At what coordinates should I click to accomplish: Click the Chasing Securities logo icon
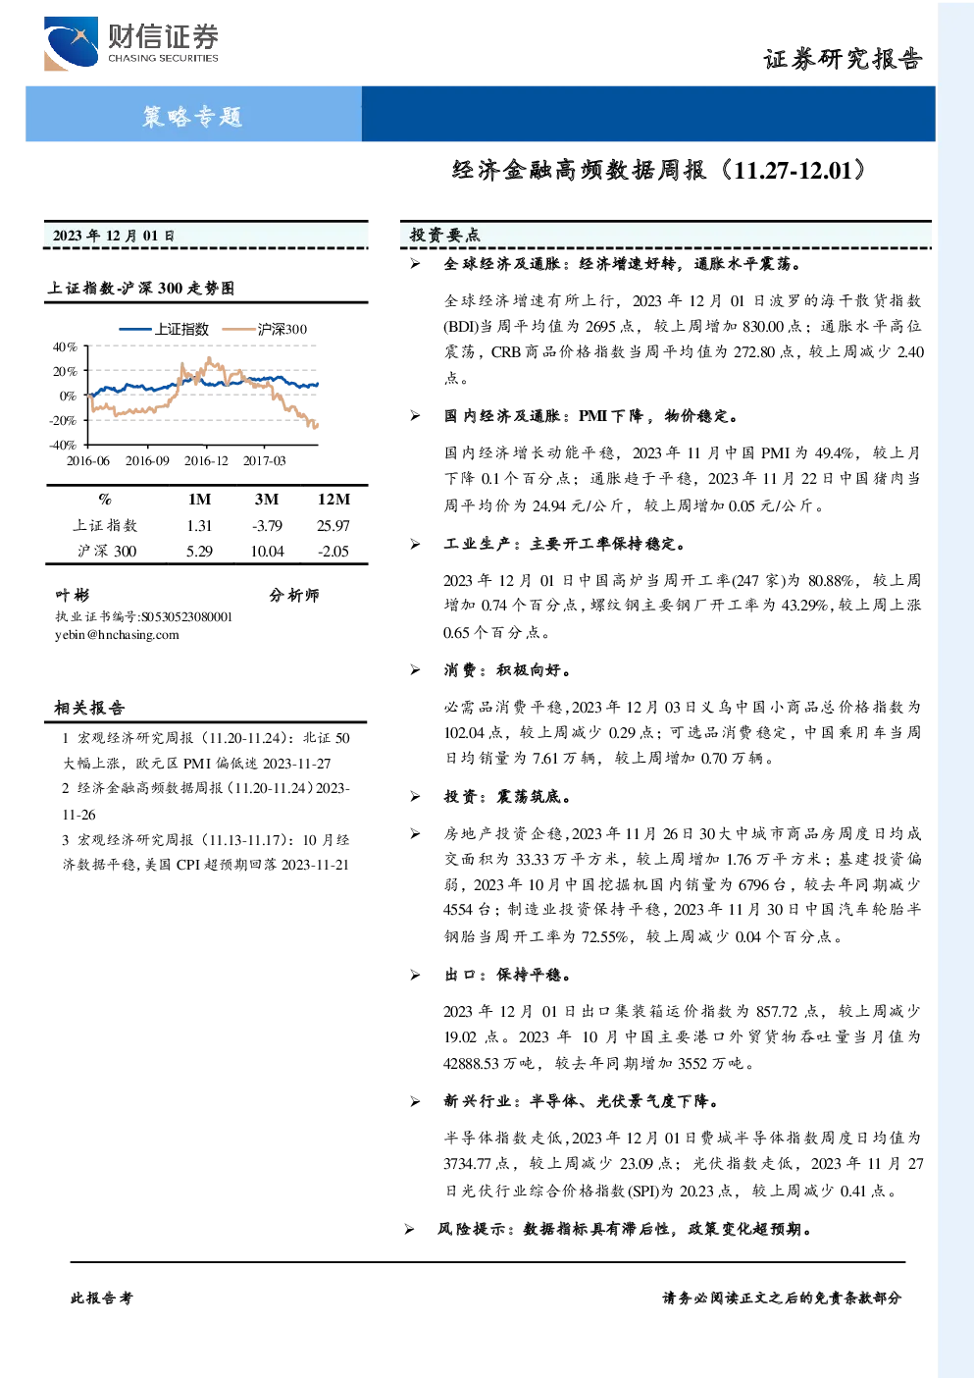(71, 44)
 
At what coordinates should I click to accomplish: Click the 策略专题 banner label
(192, 116)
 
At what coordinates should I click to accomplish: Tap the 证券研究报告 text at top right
(843, 59)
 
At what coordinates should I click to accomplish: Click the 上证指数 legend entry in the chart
(164, 329)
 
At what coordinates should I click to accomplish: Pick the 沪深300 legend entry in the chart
(265, 329)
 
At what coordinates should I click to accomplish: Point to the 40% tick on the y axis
(65, 347)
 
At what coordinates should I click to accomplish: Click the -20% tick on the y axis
(64, 421)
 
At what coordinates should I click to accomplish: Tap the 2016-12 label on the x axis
(206, 460)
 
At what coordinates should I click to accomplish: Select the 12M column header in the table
(333, 500)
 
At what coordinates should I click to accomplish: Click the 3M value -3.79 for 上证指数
(268, 526)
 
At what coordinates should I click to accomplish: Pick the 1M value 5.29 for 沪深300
(200, 552)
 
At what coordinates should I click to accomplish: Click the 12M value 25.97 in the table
(333, 526)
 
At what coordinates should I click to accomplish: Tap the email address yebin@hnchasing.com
(117, 635)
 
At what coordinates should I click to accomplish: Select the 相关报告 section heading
(89, 708)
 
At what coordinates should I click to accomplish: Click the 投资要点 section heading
(445, 235)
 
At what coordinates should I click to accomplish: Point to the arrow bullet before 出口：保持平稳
(416, 975)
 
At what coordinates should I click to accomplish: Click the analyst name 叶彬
(72, 595)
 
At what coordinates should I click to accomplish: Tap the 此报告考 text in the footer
(101, 1298)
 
